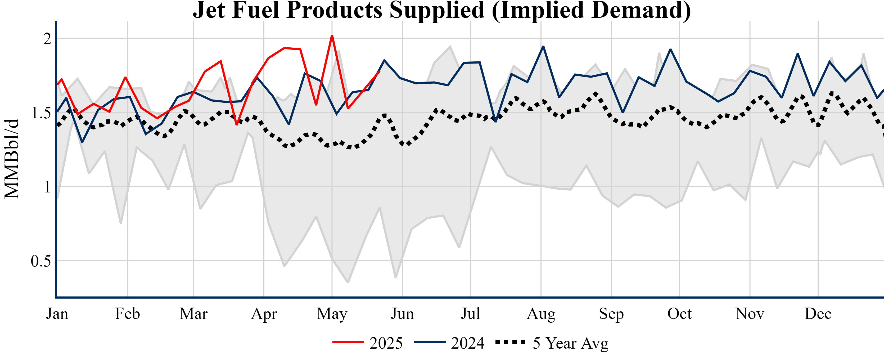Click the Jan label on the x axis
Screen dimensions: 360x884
pyautogui.click(x=57, y=314)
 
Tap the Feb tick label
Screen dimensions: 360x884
pyautogui.click(x=127, y=314)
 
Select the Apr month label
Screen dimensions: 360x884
pyautogui.click(x=264, y=314)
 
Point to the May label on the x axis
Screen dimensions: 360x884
pyautogui.click(x=332, y=314)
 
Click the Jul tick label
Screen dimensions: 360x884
pyautogui.click(x=470, y=314)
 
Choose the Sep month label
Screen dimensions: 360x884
pyautogui.click(x=611, y=314)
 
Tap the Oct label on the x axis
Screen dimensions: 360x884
pyautogui.click(x=679, y=314)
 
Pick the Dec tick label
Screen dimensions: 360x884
pyautogui.click(x=818, y=314)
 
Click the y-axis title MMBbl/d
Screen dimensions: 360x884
pyautogui.click(x=12, y=159)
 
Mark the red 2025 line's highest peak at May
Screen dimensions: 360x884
pyautogui.click(x=332, y=36)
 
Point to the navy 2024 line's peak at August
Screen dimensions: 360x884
pyautogui.click(x=543, y=46)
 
